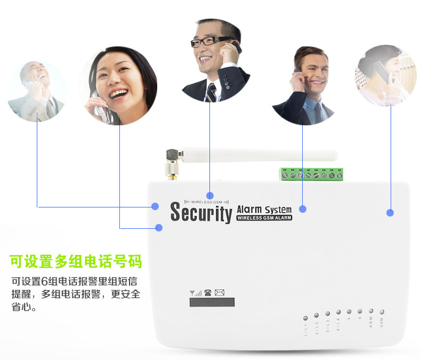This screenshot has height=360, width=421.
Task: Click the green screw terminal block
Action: coord(310,174)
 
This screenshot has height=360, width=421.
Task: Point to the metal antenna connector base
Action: coord(172,170)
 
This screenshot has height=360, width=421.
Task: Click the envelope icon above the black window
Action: coord(220,292)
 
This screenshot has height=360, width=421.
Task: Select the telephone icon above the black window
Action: coord(208,292)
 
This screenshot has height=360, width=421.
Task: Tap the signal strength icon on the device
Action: coord(196,292)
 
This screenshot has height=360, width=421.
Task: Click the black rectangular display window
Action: coord(212,302)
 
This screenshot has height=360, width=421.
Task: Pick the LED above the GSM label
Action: coord(382,311)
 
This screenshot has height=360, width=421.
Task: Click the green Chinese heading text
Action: coord(76,262)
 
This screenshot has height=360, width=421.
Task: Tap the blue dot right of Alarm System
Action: coord(303,209)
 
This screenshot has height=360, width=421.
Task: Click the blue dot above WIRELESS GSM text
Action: coord(210,196)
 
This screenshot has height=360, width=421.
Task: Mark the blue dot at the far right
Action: coord(390,213)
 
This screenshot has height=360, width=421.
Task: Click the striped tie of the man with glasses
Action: coord(212,92)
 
